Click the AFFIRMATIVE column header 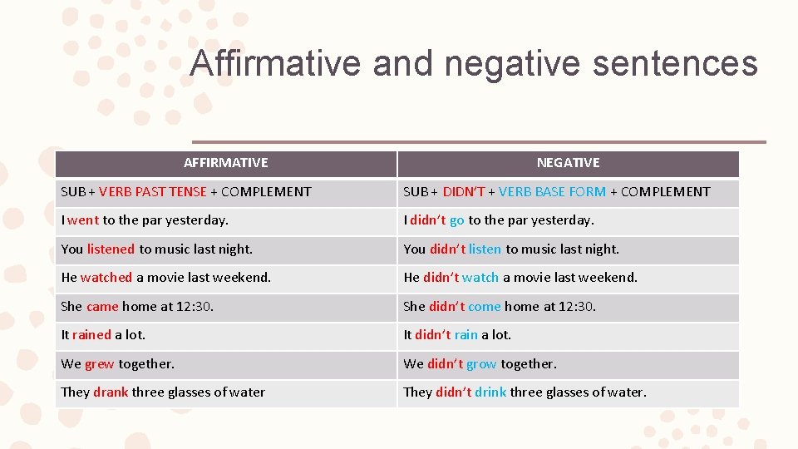click(225, 163)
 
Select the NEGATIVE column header click(568, 163)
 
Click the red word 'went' click(83, 220)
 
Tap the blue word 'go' click(456, 220)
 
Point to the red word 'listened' click(111, 249)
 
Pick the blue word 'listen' click(485, 249)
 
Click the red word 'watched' click(106, 278)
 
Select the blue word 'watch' click(480, 278)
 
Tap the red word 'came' click(102, 306)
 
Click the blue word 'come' click(484, 306)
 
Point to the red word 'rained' click(91, 335)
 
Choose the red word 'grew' click(100, 364)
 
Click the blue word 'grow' click(481, 364)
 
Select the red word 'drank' click(111, 392)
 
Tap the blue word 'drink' click(490, 392)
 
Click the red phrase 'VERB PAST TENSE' click(153, 192)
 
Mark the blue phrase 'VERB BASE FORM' click(552, 192)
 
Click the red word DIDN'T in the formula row click(464, 192)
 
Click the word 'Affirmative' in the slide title click(274, 64)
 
